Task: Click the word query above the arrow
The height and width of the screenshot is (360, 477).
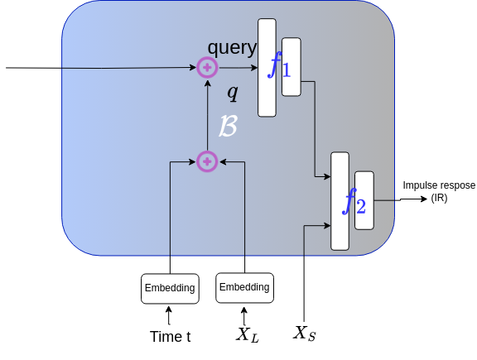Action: [x=232, y=49]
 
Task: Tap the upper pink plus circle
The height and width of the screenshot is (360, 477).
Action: [x=207, y=68]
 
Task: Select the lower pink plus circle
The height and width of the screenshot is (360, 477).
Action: [x=207, y=161]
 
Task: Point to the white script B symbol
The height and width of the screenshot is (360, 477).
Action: [x=228, y=126]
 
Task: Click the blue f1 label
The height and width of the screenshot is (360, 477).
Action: [x=278, y=66]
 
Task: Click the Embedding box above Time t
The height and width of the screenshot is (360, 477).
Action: [x=170, y=288]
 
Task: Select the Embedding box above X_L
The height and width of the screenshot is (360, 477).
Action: [x=244, y=287]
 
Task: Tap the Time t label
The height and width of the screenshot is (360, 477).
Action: [x=170, y=336]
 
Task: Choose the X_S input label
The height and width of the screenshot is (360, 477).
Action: [x=305, y=334]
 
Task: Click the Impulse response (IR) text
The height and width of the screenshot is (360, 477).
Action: [x=438, y=192]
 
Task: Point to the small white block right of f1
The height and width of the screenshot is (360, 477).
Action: [x=291, y=66]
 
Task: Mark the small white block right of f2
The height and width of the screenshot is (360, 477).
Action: [x=364, y=201]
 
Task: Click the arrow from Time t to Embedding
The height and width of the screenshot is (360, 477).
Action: [x=170, y=315]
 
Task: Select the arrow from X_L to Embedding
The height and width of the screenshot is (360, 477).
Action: [x=244, y=315]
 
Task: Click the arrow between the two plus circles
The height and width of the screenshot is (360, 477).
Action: [x=207, y=116]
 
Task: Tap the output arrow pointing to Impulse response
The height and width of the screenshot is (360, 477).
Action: [x=388, y=200]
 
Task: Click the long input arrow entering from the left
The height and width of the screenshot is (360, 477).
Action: [x=99, y=68]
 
